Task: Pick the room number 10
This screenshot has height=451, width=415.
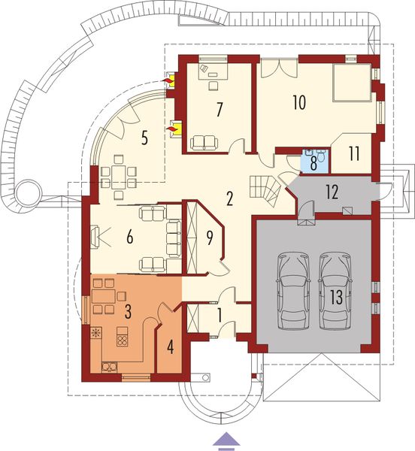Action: pyautogui.click(x=299, y=103)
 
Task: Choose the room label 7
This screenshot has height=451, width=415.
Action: pyautogui.click(x=219, y=108)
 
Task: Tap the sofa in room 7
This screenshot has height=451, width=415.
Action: pyautogui.click(x=204, y=141)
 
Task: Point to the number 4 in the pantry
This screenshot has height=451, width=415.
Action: pyautogui.click(x=170, y=347)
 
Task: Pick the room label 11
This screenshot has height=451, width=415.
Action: pyautogui.click(x=353, y=152)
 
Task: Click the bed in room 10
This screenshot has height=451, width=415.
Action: pyautogui.click(x=352, y=82)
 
